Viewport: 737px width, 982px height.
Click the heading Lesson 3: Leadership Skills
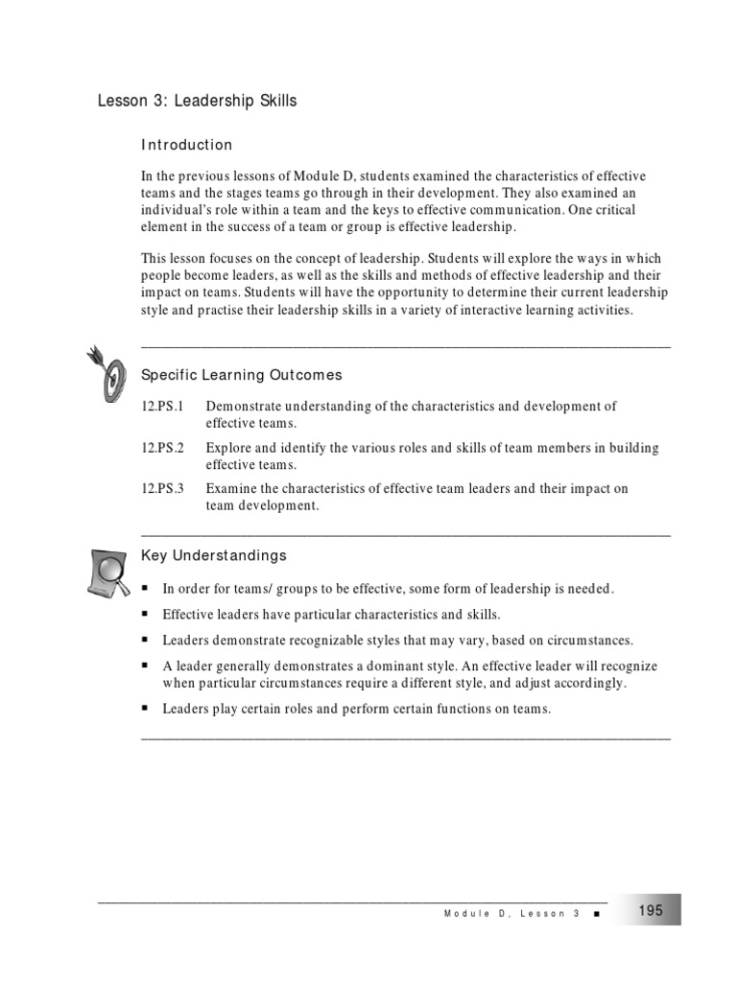pos(198,101)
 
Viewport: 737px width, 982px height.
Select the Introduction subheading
pos(187,145)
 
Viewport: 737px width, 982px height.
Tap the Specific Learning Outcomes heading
pos(242,375)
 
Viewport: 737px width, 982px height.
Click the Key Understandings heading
pos(214,555)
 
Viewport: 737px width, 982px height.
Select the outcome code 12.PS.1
pos(162,407)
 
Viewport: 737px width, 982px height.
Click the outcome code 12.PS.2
pos(162,448)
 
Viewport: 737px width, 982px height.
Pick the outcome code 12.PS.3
pos(162,489)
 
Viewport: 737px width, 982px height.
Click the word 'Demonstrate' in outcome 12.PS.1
pos(242,407)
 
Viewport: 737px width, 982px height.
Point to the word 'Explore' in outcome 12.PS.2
pos(227,448)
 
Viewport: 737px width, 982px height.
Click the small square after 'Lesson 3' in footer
pos(597,915)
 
